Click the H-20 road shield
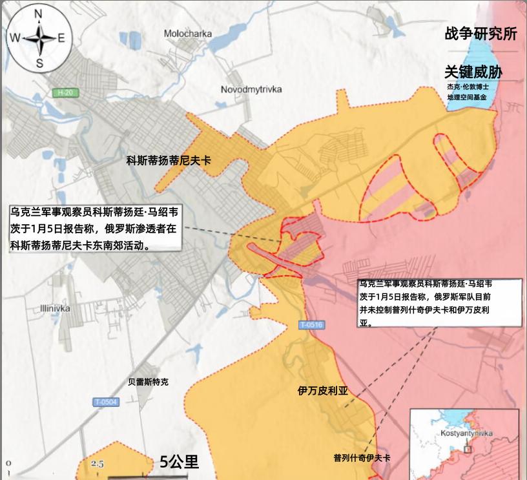coord(65,93)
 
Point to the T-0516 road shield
coord(311,325)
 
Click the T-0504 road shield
coord(106,402)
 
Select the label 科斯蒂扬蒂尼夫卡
coord(169,162)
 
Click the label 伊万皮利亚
coord(322,391)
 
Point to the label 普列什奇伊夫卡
coord(362,457)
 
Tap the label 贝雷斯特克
coord(148,382)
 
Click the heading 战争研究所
coord(480,35)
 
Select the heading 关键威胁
coord(473,72)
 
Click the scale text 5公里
coord(180,461)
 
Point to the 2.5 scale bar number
coord(98,464)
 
